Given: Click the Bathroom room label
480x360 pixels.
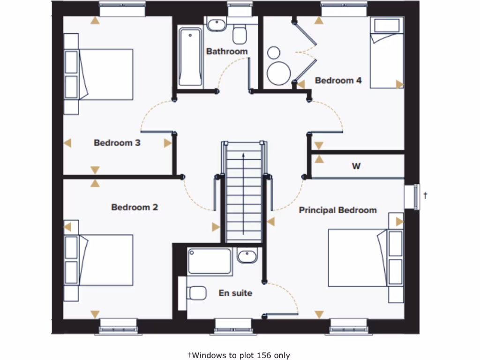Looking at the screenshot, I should coord(227,52).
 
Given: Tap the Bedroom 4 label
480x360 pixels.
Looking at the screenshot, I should coord(338,81).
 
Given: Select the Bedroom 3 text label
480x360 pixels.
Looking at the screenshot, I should coord(117,143).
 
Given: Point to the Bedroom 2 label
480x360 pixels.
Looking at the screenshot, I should coord(135,207).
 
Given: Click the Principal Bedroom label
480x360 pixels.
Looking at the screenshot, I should coord(337,210).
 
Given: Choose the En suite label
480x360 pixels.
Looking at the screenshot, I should coord(235,293).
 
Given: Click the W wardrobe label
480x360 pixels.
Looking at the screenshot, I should coord(356,166).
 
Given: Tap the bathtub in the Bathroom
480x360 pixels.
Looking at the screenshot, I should coord(190,57).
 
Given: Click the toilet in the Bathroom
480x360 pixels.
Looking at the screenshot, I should coord(240,34).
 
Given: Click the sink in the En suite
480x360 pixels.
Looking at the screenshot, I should coord(247,256).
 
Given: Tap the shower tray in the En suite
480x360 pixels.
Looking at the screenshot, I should coord(210,262).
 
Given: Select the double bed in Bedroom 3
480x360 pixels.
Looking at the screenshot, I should coord(105,75).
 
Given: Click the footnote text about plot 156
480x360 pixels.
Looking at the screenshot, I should coord(239,355).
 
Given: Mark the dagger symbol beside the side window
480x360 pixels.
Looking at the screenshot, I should coord(425,195).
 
